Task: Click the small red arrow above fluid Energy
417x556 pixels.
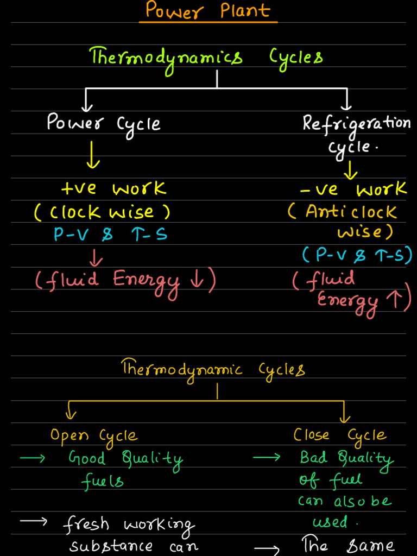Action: point(98,255)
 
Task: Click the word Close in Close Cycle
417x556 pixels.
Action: point(311,435)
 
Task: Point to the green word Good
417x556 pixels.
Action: point(87,459)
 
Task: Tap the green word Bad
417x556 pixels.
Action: point(313,458)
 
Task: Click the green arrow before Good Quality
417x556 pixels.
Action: point(32,459)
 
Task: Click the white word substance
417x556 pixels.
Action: point(111,546)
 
